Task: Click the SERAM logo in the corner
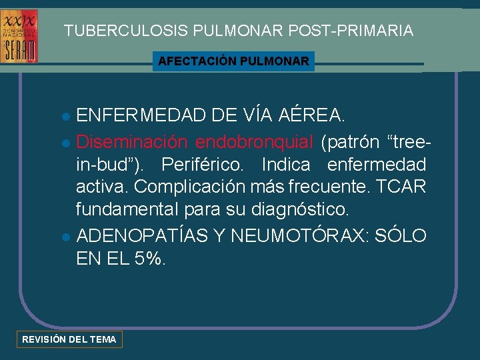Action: point(20,36)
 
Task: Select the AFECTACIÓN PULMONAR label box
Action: point(233,61)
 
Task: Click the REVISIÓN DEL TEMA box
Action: point(69,339)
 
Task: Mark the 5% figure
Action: point(148,258)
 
